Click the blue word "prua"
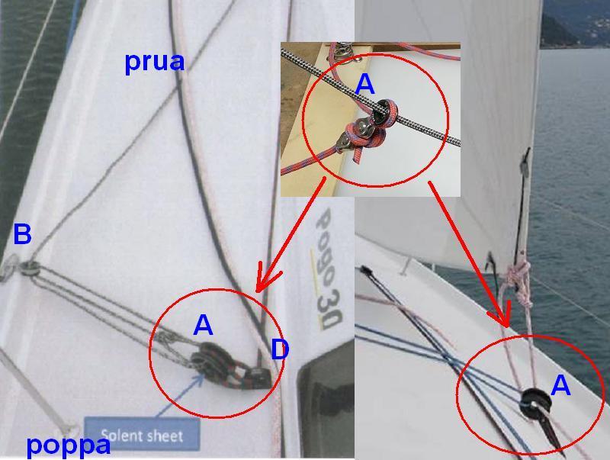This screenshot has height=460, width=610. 155,63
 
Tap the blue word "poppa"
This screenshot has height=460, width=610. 69,446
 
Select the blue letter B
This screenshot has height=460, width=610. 22,234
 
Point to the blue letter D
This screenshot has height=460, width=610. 280,349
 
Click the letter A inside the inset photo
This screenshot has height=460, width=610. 365,84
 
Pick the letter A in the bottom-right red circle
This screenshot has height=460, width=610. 560,386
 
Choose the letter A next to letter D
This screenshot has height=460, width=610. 203,325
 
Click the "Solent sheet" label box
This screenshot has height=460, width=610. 142,435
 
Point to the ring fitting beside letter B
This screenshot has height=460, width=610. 30,267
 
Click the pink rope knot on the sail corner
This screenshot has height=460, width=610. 518,275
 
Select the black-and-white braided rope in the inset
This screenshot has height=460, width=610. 370,98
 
